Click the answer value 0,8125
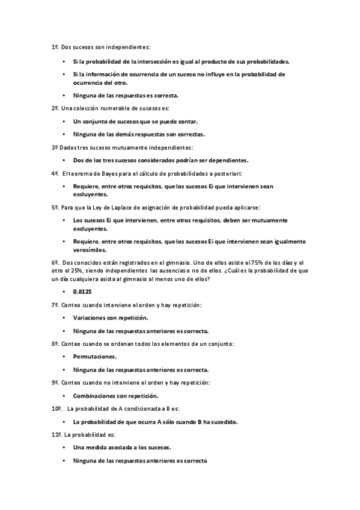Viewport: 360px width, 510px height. [82, 291]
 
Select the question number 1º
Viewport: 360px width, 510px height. [55, 46]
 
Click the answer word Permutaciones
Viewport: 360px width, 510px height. [95, 357]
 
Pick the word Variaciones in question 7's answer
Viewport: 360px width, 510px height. [92, 317]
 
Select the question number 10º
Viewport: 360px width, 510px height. [56, 408]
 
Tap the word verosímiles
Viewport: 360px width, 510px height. [90, 250]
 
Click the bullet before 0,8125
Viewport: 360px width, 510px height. [64, 291]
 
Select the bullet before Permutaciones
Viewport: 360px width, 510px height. [64, 357]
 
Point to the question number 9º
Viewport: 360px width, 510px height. [55, 382]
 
